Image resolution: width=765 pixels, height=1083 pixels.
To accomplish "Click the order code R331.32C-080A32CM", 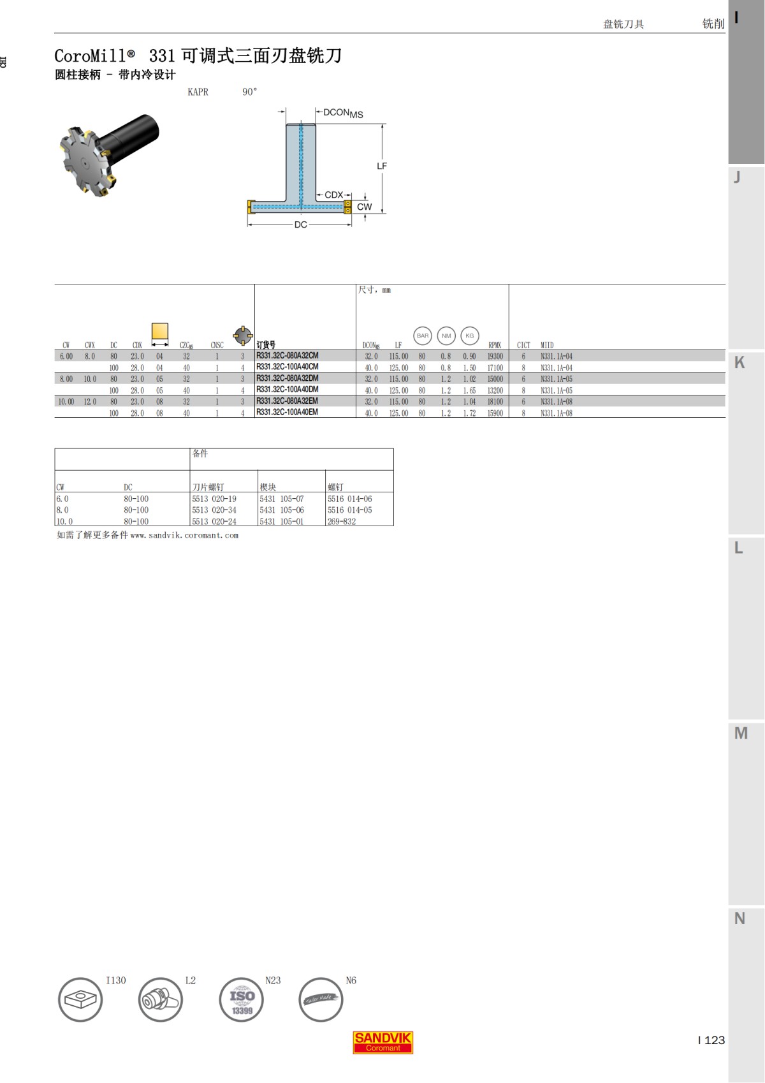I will click(287, 356).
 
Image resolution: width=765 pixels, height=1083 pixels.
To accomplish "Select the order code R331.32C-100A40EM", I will click(287, 413).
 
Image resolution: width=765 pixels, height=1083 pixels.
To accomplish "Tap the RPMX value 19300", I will click(495, 357).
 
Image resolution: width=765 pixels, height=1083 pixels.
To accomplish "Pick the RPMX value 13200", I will click(495, 390).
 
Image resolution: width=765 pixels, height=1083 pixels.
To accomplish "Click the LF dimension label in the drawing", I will click(381, 166).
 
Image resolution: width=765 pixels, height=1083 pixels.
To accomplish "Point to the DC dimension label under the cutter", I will click(300, 225).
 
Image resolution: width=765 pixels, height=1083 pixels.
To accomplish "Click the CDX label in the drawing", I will click(333, 195).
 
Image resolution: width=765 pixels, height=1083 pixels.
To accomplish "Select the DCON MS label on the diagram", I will click(342, 113).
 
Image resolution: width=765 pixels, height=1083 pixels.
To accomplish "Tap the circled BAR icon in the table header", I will click(423, 335).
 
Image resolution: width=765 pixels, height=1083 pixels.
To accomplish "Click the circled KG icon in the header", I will click(470, 335).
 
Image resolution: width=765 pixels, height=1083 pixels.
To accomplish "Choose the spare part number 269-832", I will click(342, 521).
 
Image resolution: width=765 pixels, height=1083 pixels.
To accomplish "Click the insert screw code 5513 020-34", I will click(214, 510).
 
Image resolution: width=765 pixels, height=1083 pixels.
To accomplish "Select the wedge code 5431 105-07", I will click(282, 499).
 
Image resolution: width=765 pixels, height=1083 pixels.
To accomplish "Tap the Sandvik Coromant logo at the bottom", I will click(382, 1042).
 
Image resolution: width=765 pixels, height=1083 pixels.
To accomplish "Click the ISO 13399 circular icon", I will click(241, 999).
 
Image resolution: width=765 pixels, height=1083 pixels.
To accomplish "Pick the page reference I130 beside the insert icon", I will click(116, 980).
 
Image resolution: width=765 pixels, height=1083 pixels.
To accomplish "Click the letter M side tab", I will click(741, 733).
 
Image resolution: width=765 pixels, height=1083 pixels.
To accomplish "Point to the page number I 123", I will click(711, 1040).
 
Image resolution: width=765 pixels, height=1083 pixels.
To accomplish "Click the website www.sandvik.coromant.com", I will click(184, 536).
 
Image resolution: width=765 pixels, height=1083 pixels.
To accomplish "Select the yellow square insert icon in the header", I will click(160, 332).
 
